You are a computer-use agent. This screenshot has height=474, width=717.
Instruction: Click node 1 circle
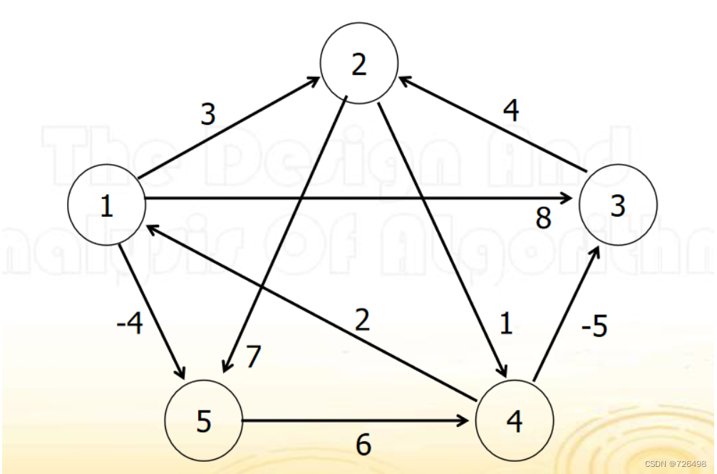coord(107,206)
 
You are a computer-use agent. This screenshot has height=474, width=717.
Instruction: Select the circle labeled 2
coord(359,65)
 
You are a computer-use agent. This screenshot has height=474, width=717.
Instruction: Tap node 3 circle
coord(618,206)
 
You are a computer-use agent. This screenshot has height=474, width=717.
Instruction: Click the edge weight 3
coord(207,114)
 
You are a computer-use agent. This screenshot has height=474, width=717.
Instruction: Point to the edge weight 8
coord(544,218)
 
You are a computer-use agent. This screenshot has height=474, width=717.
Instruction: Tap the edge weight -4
coord(129,325)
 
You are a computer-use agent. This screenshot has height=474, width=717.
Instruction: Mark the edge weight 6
coord(363,445)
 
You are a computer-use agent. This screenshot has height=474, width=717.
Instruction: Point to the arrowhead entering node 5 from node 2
coord(226,365)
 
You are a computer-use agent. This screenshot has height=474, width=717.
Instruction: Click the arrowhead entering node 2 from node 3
coord(403,83)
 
